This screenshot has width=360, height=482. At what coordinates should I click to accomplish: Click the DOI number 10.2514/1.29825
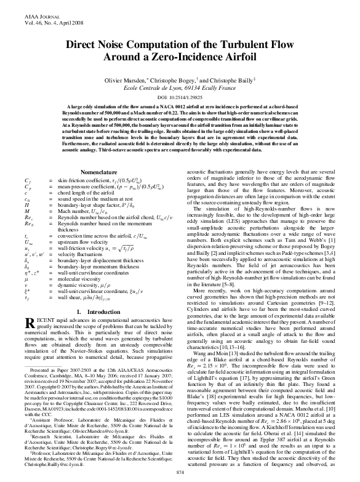pos(188,98)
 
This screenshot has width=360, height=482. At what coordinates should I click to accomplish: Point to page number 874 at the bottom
pos(180,471)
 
